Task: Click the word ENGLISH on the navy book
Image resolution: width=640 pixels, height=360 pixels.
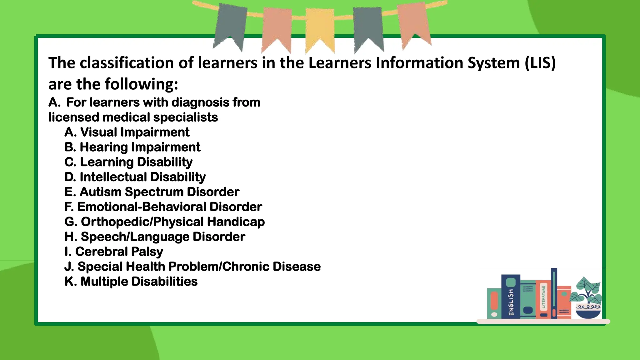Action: [511, 302]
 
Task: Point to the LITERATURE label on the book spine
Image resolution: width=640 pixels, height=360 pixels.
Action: [543, 297]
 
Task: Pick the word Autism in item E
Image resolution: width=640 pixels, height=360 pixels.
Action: [100, 192]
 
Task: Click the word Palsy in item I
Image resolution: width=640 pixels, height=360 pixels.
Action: [147, 252]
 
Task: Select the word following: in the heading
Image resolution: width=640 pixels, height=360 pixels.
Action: [141, 84]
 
